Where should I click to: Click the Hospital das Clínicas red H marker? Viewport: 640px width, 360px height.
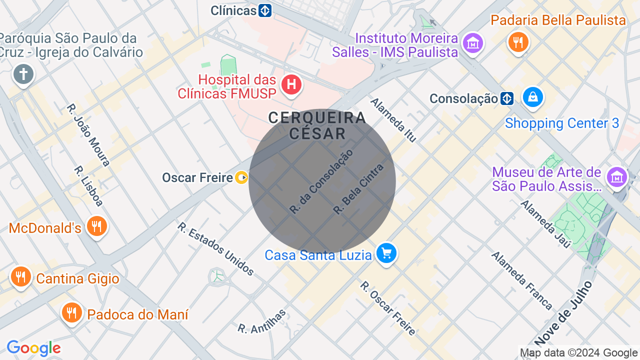point(291,84)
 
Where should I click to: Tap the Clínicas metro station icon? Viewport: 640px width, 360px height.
point(265,10)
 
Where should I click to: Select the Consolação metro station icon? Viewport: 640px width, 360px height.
point(507,98)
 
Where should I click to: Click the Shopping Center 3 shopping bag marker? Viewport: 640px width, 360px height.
point(533,96)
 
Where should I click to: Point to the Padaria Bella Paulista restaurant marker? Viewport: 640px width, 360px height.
point(518,42)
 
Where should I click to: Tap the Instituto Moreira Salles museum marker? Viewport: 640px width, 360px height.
point(472,43)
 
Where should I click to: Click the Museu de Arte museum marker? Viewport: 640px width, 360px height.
point(617,177)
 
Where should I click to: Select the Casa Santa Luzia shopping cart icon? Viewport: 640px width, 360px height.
point(386,253)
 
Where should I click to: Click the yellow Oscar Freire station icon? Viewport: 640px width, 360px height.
point(241,177)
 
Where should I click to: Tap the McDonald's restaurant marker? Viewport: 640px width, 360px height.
point(96,226)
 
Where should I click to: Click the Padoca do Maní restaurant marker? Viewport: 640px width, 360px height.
point(72,312)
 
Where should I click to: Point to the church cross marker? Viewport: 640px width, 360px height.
point(23,75)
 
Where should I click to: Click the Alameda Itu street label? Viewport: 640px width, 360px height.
point(393,120)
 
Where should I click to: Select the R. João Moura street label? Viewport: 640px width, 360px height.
point(88,135)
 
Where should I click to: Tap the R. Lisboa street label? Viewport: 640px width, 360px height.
point(88,186)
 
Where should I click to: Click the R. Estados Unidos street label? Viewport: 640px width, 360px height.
point(215,248)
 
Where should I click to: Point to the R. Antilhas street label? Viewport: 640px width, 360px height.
point(262,321)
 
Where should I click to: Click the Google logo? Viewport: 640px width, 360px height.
point(33,348)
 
